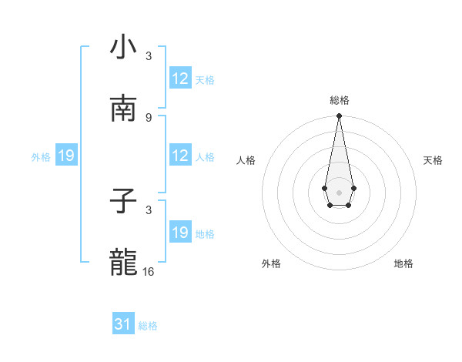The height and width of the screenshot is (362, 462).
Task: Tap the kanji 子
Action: (123, 202)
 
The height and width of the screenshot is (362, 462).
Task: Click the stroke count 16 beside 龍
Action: (149, 271)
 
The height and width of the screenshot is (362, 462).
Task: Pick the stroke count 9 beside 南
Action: (149, 117)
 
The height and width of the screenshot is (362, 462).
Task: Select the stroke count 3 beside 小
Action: (149, 55)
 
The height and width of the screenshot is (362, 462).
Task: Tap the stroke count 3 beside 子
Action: (149, 209)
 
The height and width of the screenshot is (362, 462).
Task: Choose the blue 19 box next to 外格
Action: (66, 156)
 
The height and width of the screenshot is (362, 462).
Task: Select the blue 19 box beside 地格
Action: (180, 233)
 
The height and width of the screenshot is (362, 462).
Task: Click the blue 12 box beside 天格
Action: (180, 79)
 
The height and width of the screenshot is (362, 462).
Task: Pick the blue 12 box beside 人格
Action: (180, 156)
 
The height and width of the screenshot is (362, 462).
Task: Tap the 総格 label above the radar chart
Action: (339, 100)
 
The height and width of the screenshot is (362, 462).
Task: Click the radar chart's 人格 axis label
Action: (246, 160)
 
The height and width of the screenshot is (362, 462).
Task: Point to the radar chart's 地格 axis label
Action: (403, 263)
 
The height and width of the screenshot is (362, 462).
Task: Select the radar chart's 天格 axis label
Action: (433, 160)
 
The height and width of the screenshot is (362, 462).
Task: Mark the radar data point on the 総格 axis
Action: (339, 116)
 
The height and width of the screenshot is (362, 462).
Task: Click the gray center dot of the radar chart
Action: (339, 191)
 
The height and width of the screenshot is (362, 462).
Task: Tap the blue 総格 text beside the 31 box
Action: (148, 326)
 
